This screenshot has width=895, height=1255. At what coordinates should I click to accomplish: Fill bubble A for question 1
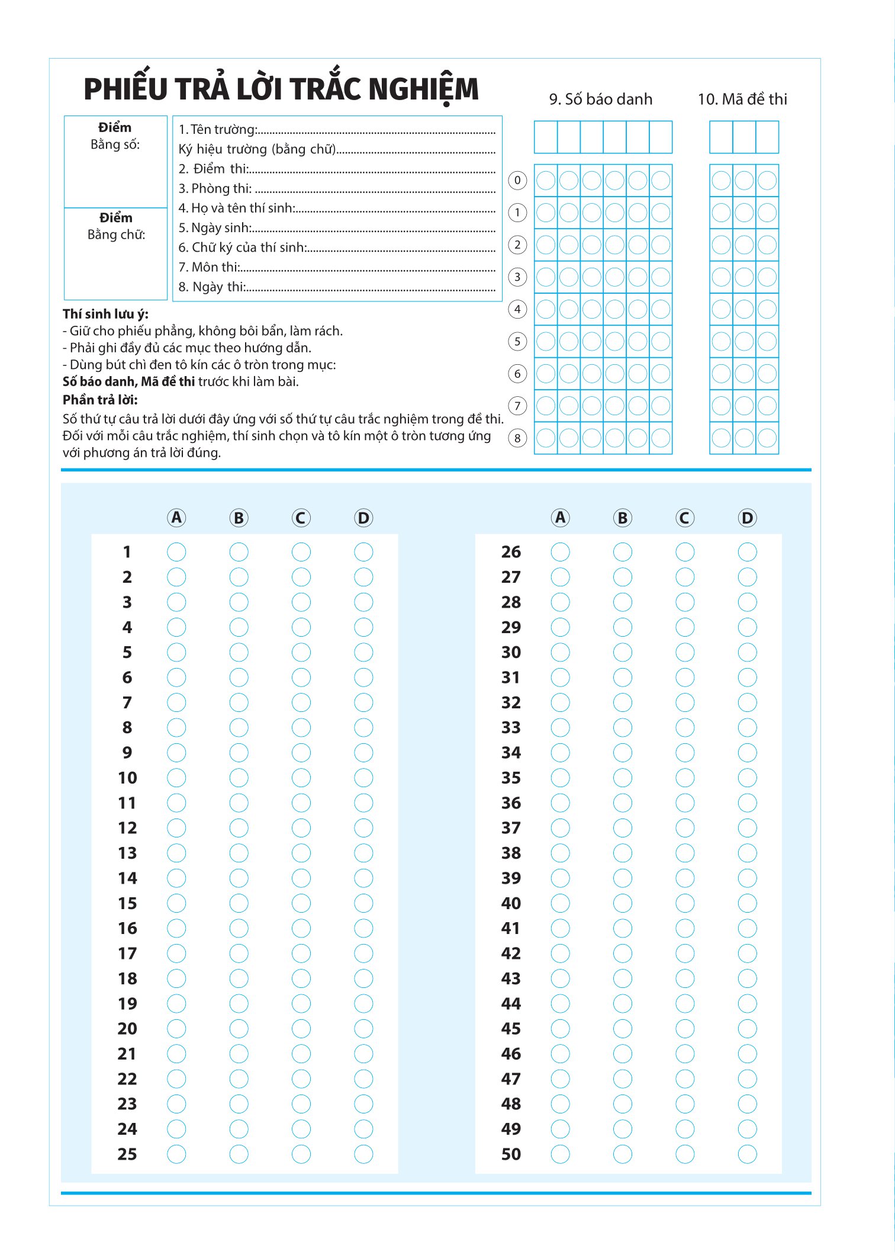pos(176,552)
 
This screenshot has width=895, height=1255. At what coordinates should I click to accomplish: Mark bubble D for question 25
pos(363,1154)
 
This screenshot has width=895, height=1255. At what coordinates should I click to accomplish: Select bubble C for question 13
pos(301,853)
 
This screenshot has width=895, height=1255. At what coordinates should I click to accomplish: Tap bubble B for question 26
pos(623,552)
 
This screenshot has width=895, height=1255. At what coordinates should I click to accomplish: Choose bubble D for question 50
pos(747,1154)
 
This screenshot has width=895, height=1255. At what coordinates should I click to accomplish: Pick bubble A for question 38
pos(560,853)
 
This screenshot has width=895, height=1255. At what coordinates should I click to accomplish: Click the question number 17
pos(127,954)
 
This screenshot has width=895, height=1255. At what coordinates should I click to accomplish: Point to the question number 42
pos(511,954)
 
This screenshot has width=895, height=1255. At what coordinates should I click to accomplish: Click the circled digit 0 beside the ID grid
pos(517,180)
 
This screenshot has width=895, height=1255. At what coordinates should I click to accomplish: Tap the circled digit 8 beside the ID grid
pos(517,438)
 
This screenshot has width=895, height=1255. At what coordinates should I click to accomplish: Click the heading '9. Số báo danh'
pos(601,99)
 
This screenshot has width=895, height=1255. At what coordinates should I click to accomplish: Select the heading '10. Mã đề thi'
pos(742,99)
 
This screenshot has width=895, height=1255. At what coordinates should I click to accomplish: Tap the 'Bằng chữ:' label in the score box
pos(116,235)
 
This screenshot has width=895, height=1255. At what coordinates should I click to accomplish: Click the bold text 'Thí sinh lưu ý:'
pos(105,314)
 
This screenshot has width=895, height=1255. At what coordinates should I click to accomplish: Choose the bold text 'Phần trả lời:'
pos(100,400)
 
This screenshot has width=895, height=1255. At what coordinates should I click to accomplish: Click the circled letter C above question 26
pos(685,518)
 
